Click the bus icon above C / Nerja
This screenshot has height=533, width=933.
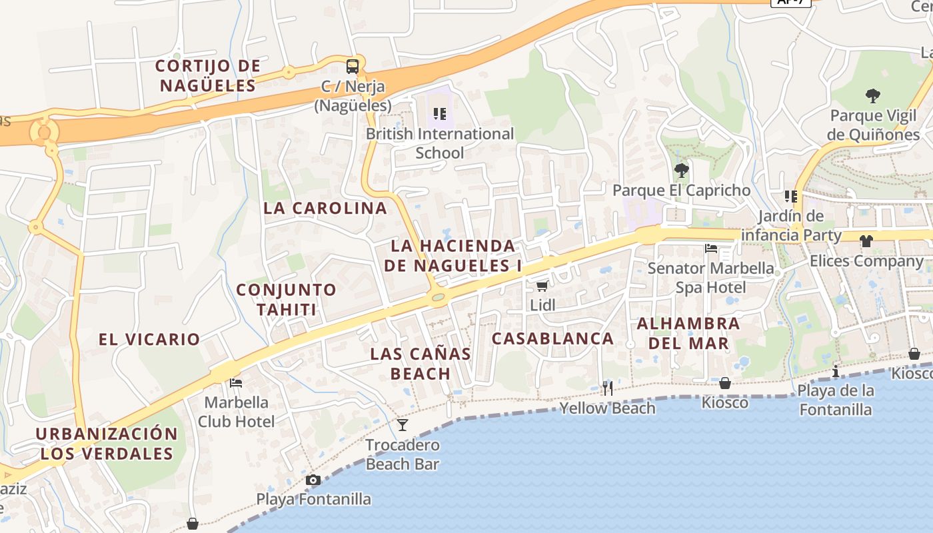(353, 67)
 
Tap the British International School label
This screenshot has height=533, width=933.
(440, 143)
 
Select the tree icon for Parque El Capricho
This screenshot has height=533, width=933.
(681, 171)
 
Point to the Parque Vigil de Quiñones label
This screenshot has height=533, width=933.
(873, 125)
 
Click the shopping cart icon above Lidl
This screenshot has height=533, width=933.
(542, 286)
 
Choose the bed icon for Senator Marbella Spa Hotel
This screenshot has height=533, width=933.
(711, 249)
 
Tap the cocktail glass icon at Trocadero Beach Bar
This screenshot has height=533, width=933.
(403, 425)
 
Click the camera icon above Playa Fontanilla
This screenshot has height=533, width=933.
(313, 480)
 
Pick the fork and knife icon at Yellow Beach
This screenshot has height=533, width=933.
(608, 388)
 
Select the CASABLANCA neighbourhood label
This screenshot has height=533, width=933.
(553, 338)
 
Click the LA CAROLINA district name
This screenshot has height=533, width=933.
(325, 208)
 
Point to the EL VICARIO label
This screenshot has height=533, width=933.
(149, 339)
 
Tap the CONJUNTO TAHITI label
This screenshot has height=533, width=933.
(287, 300)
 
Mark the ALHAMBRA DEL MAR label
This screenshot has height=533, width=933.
(688, 334)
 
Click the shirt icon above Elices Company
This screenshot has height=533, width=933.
(866, 241)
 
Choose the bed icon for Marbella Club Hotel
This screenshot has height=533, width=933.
(236, 383)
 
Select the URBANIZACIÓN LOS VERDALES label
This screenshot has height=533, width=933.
(107, 444)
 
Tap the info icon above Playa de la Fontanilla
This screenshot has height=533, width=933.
(836, 371)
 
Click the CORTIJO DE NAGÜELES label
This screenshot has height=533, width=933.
(207, 75)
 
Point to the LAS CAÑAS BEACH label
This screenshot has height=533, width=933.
(421, 363)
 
